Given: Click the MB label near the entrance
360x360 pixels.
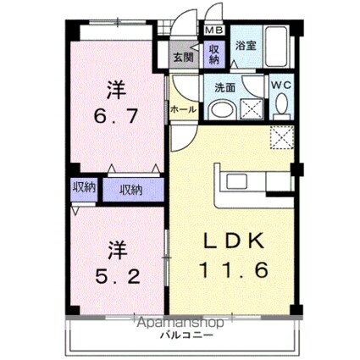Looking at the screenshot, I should pos(209,32).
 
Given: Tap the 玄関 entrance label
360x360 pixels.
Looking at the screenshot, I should pos(185,58).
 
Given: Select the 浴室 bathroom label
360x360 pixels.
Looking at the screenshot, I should pos(246,47).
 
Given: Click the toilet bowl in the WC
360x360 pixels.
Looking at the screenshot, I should pos(281,104).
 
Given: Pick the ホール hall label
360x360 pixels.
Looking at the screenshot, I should pos(184,109).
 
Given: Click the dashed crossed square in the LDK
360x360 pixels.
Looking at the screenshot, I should pos(280,136).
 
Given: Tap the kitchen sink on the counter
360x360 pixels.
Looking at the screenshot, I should pos(236,182).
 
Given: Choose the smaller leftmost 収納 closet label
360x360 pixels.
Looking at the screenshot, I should pos(82,187).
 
